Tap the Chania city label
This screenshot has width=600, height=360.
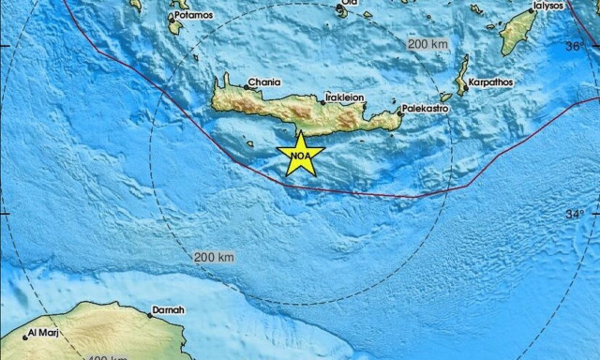tap(264, 82)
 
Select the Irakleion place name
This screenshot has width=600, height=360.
tap(344, 96)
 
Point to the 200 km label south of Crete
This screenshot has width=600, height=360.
tap(215, 256)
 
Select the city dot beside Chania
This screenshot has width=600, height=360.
tap(247, 86)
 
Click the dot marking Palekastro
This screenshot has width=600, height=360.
tap(400, 113)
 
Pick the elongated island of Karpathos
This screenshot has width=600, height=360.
tap(461, 74)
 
